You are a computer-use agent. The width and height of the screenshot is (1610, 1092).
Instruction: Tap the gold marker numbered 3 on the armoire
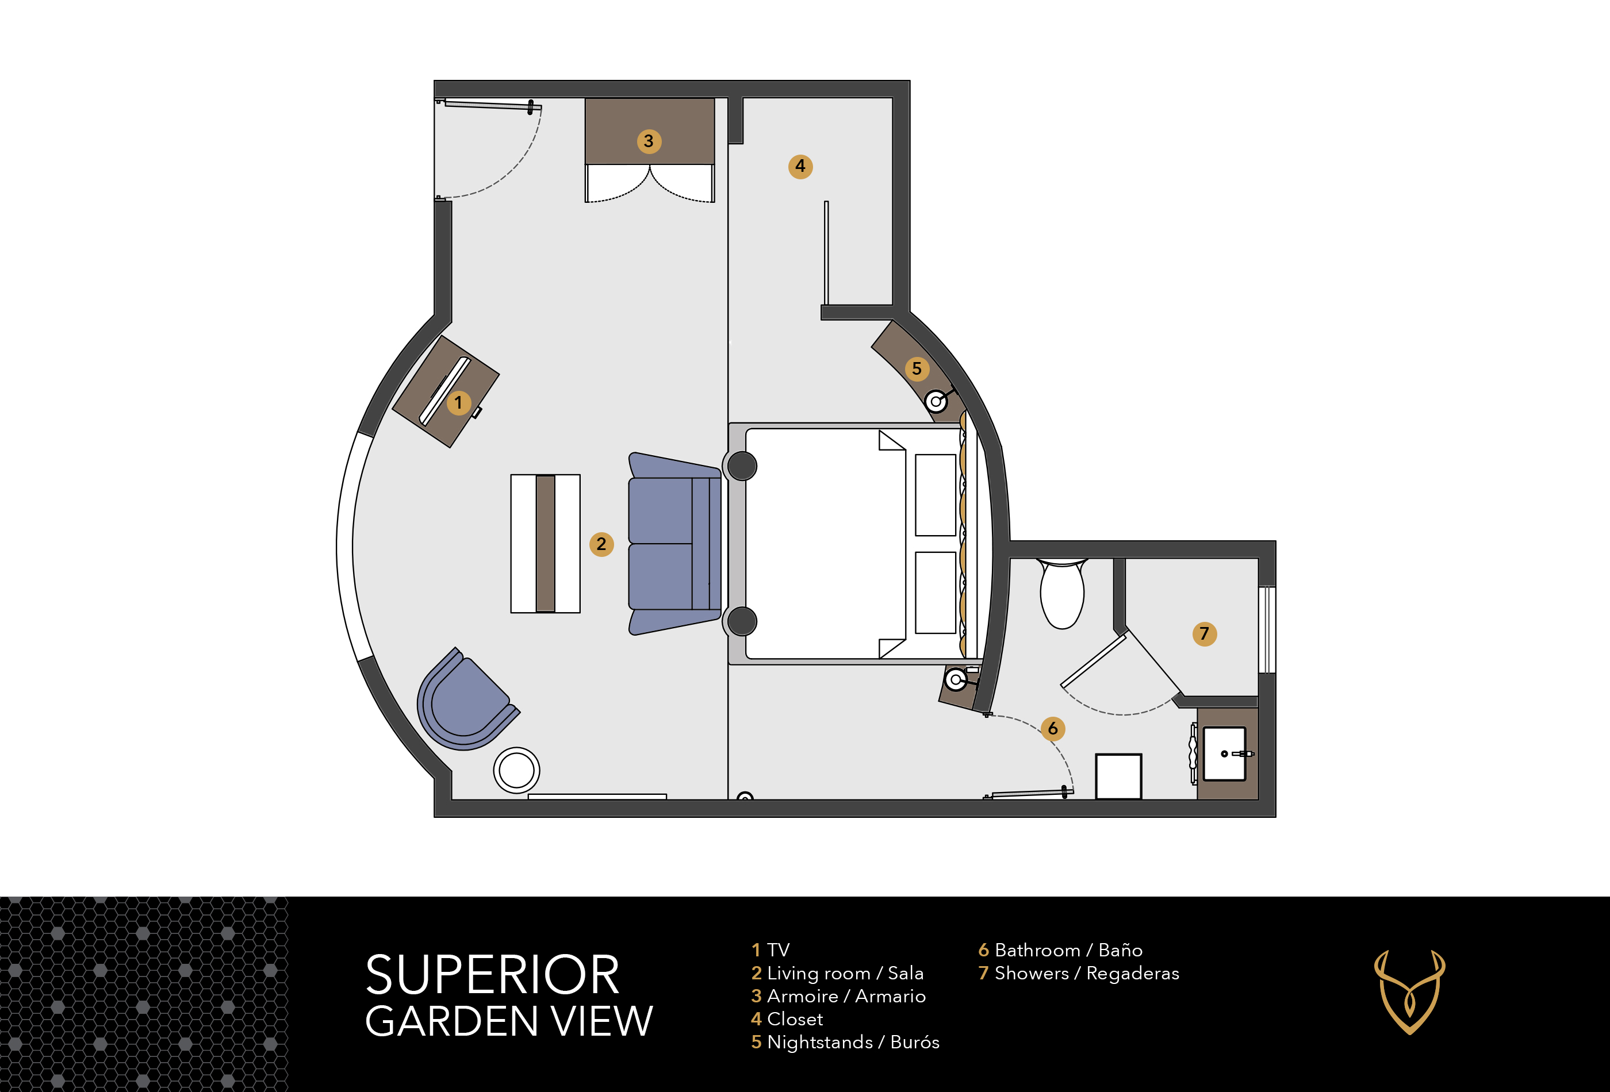tap(649, 141)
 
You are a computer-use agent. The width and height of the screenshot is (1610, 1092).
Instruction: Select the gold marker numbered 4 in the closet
tap(800, 166)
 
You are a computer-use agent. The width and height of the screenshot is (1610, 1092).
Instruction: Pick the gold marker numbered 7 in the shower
tap(1205, 633)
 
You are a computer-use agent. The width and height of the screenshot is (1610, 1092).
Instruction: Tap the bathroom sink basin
tap(1225, 753)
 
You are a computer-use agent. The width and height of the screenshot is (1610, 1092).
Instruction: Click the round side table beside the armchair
tap(516, 770)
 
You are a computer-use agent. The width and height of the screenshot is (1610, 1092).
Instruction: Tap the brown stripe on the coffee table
tap(545, 544)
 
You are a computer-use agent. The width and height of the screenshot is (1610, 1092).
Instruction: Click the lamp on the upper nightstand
tap(936, 401)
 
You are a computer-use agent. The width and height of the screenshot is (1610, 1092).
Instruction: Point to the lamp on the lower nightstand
tap(955, 680)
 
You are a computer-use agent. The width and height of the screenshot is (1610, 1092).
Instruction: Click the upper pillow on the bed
tap(936, 495)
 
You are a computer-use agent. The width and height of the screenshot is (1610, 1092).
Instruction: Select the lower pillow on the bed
tap(936, 593)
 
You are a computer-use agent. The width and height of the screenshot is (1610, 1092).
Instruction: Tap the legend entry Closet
tap(795, 1019)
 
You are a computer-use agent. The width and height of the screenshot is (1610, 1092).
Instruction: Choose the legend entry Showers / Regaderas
tap(1086, 974)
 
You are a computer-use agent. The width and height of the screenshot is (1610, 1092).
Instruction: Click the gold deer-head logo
tap(1409, 991)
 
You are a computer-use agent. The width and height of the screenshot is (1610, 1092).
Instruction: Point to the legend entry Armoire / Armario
tap(846, 997)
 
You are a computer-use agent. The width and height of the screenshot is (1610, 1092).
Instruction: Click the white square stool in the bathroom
tap(1118, 776)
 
